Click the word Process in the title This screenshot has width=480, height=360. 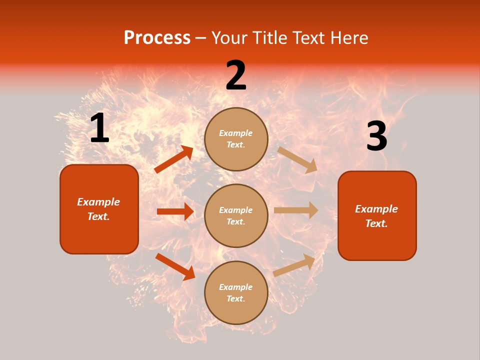coord(157,38)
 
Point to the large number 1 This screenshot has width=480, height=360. coord(99,128)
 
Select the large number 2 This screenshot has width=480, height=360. coord(236,75)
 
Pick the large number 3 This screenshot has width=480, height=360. coord(376,136)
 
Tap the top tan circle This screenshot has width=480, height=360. coord(236,139)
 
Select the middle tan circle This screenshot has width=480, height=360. coord(236,215)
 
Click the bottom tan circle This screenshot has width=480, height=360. coord(236,292)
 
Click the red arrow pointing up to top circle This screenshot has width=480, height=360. coord(174,159)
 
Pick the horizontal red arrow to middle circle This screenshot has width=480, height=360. coord(175,211)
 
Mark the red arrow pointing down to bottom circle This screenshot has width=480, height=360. coord(175,266)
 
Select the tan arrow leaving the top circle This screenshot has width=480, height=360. coord(297,159)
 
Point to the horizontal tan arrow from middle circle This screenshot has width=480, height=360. coord(296,210)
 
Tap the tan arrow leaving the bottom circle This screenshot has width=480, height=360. coord(294,265)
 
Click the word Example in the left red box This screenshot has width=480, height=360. coord(98,202)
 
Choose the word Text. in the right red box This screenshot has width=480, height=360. coord(376,223)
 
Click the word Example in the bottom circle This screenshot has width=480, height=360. coord(236,287)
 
